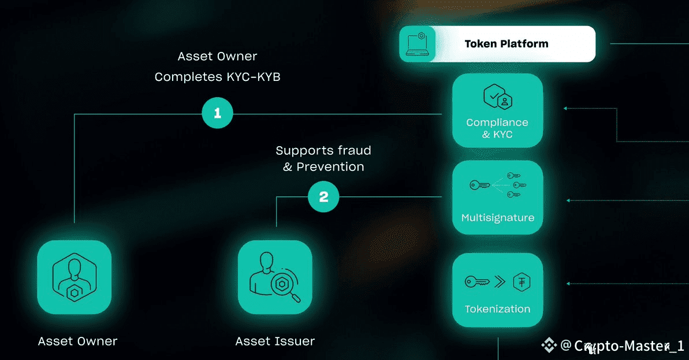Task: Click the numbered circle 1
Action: (217, 114)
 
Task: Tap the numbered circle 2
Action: (323, 197)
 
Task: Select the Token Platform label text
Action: (506, 44)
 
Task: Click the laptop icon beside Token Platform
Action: (418, 44)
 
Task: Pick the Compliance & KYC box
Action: (497, 110)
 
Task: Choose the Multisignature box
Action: (497, 197)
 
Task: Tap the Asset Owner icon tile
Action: (74, 277)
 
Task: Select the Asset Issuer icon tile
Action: (275, 277)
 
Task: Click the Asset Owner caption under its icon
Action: (77, 341)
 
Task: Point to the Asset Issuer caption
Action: (275, 341)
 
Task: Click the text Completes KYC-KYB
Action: (217, 76)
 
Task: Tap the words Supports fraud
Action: (323, 151)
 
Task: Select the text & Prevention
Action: (323, 167)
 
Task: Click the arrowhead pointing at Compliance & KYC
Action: (566, 108)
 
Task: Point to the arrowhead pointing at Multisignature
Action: (569, 201)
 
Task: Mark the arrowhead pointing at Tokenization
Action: (569, 284)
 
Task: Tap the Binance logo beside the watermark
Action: (548, 346)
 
